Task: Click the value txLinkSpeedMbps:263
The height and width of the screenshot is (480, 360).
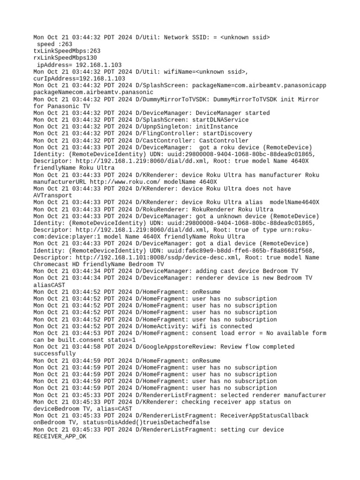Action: pyautogui.click(x=67, y=51)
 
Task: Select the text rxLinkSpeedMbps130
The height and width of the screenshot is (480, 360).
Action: pyautogui.click(x=65, y=58)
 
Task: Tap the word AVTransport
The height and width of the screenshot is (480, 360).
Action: pyautogui.click(x=53, y=195)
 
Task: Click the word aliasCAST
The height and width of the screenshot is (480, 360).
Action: pyautogui.click(x=49, y=285)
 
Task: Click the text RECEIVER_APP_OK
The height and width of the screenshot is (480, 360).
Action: pyautogui.click(x=60, y=436)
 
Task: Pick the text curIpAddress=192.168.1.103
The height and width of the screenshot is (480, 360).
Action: pyautogui.click(x=79, y=78)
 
